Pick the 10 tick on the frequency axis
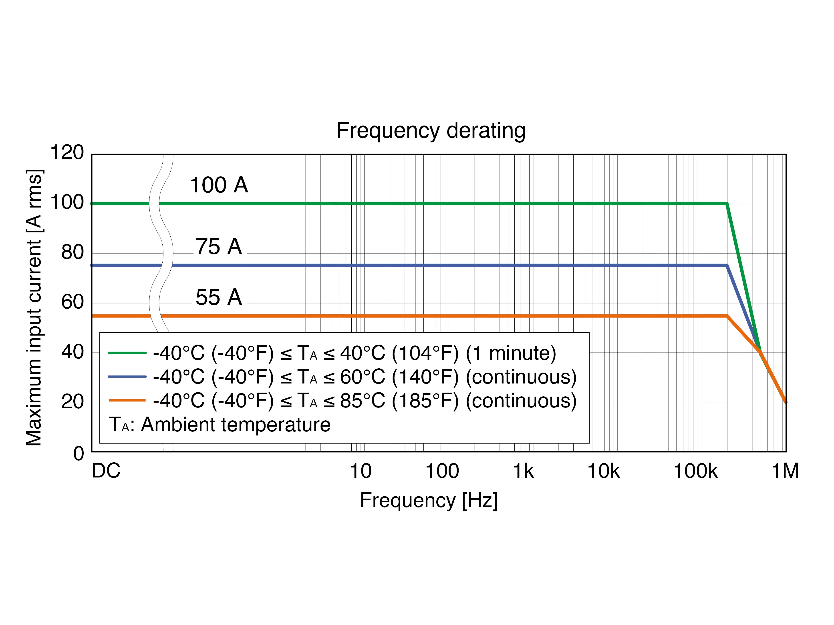(x=361, y=471)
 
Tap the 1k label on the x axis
(x=523, y=471)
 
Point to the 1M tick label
(x=785, y=471)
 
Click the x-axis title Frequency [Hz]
(x=429, y=501)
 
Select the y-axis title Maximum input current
(x=34, y=308)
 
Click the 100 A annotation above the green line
(x=219, y=185)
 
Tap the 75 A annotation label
(x=219, y=247)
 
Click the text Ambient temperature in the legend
(x=236, y=425)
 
